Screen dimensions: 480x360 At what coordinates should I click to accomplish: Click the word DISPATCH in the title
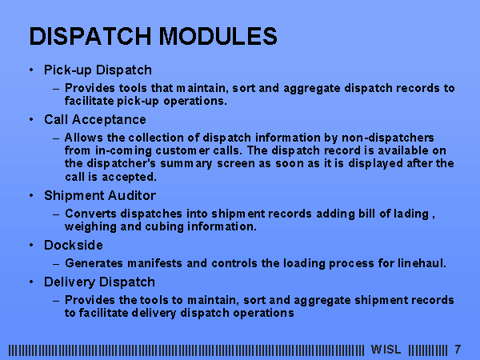90,36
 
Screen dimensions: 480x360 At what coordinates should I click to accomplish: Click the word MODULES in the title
218,36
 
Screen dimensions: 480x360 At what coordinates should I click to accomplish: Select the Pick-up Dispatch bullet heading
98,70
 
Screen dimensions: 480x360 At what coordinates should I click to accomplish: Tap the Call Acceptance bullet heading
95,120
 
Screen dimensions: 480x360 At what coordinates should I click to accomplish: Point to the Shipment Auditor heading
100,196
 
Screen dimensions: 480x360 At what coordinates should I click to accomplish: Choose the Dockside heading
74,246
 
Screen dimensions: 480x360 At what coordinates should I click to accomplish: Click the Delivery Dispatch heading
99,282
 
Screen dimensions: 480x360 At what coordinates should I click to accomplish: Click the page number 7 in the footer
458,350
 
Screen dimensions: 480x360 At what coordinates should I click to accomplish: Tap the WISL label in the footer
386,350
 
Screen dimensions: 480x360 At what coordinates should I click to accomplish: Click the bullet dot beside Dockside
31,246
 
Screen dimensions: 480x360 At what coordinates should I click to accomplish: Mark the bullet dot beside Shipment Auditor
31,196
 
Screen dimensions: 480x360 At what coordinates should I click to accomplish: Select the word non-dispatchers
387,138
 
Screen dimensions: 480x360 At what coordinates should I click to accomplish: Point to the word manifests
154,263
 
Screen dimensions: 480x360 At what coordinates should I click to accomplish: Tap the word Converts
90,214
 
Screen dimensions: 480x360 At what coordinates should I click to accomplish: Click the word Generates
94,263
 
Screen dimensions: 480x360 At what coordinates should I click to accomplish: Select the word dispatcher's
122,164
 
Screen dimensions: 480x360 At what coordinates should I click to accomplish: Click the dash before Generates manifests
56,264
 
